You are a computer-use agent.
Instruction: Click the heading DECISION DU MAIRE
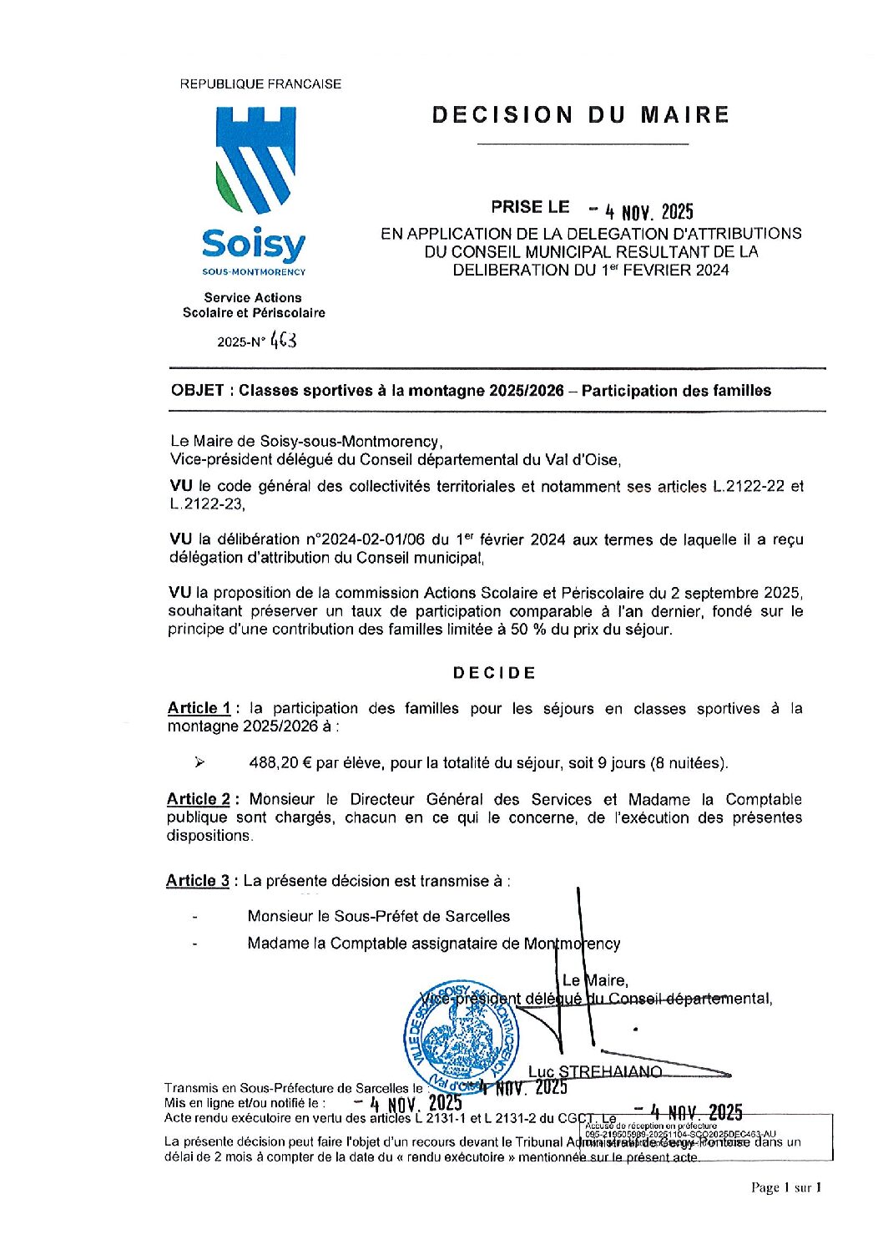(581, 115)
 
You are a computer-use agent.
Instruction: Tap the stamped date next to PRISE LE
(641, 210)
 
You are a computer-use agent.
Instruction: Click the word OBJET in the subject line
(197, 391)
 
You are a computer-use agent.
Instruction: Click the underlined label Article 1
(199, 709)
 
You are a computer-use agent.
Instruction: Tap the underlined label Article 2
(199, 800)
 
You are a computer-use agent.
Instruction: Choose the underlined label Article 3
(198, 881)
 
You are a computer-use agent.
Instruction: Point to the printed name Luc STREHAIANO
(595, 1071)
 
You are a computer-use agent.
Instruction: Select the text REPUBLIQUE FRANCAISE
(260, 84)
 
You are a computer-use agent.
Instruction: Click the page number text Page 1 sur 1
(786, 1187)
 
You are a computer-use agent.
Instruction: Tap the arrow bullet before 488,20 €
(199, 762)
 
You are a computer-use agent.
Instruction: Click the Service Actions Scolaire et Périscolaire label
(254, 305)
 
